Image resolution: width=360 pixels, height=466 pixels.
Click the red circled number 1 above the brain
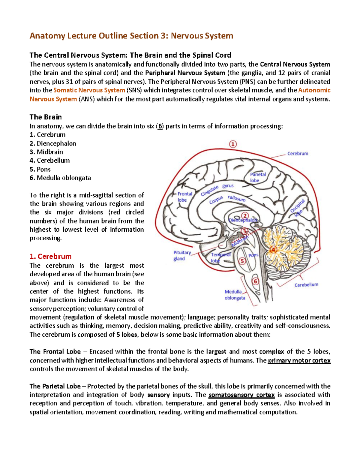[233, 144]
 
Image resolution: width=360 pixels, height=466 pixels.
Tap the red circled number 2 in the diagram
[245, 216]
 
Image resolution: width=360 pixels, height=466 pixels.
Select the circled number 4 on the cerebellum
[273, 249]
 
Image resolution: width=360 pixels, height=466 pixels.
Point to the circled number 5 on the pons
[242, 261]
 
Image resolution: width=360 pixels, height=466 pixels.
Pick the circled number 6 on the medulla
[255, 281]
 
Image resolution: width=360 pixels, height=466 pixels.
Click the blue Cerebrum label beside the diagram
[298, 154]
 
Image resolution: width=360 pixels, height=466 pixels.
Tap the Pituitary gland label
[182, 256]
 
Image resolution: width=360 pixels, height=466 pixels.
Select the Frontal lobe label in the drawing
[184, 197]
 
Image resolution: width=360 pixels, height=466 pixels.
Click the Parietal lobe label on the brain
[258, 177]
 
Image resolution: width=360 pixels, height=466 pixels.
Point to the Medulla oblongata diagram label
[234, 295]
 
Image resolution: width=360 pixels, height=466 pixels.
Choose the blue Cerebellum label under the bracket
[306, 285]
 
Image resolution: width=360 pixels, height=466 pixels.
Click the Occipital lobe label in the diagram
[298, 208]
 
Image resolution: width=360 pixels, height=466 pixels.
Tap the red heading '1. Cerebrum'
[50, 256]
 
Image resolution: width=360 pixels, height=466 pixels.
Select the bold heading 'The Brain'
[46, 117]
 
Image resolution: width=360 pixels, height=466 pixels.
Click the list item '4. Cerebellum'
[50, 161]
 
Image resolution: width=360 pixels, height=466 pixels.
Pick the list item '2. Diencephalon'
[53, 143]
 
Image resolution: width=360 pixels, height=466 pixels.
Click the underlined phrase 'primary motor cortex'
[299, 360]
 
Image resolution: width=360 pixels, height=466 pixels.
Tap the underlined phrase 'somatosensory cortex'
[241, 395]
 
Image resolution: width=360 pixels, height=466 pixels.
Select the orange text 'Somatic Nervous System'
[89, 90]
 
